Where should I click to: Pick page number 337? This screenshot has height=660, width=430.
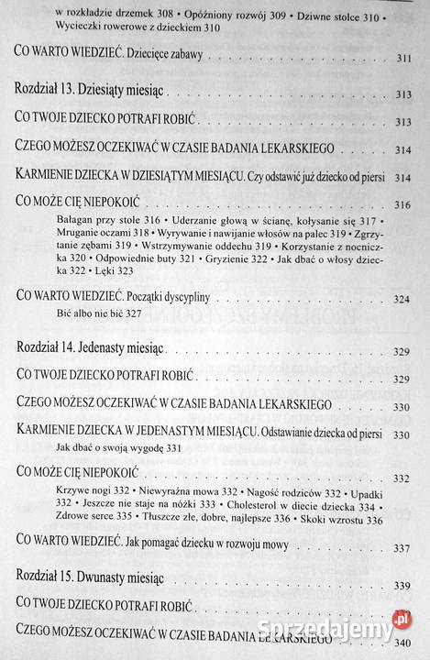pos(402,549)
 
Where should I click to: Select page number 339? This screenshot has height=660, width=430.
pos(402,586)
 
